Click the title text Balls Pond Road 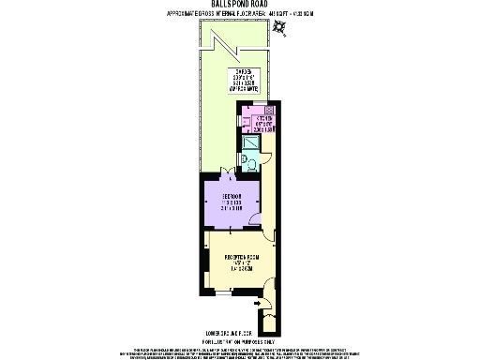point(239,6)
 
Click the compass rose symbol point(280,28)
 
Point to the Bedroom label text point(232,202)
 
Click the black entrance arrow point(257,304)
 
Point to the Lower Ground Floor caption point(240,333)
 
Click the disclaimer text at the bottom point(240,349)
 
